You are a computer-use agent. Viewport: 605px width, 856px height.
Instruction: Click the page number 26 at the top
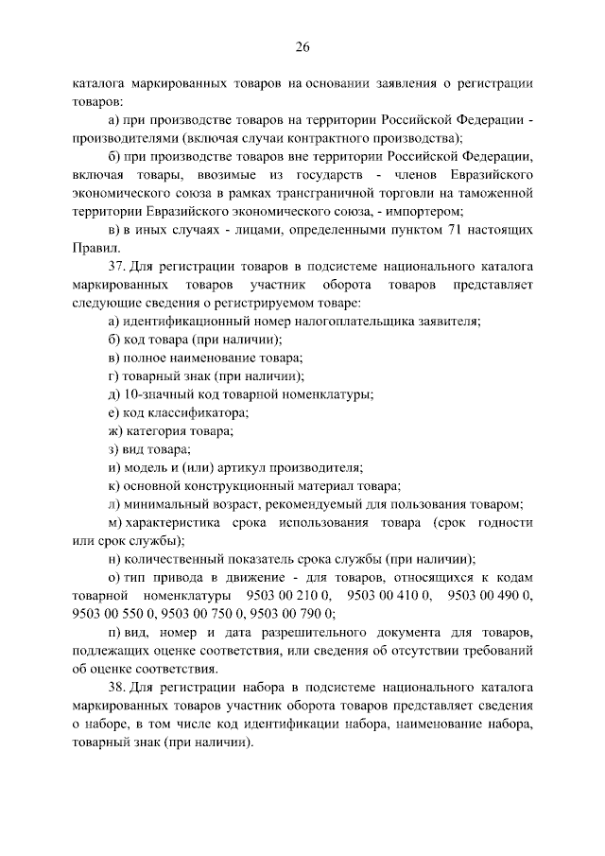(x=302, y=47)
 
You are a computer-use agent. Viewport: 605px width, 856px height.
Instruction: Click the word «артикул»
(x=247, y=467)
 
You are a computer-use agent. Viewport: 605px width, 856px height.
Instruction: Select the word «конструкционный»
(x=236, y=485)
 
